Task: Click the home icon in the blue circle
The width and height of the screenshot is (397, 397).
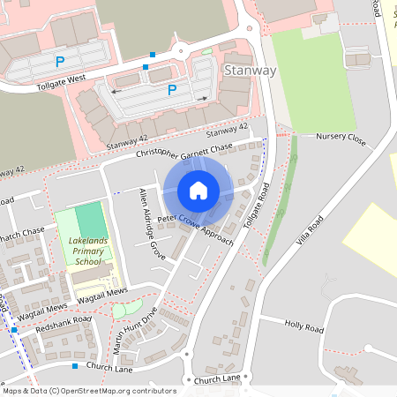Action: click(x=198, y=190)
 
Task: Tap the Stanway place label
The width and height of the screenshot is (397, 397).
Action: click(x=251, y=71)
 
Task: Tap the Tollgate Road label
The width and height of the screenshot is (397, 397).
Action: click(x=258, y=208)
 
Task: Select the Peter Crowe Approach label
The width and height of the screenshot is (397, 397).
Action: click(x=196, y=228)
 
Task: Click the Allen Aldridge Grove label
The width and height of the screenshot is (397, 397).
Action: click(x=150, y=223)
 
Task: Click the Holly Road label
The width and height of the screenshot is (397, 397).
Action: click(x=304, y=326)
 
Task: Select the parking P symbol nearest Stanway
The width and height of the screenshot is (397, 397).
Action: click(x=172, y=90)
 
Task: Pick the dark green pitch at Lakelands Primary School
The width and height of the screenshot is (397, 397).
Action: click(x=89, y=220)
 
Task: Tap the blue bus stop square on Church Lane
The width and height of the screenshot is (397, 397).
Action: click(x=75, y=365)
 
